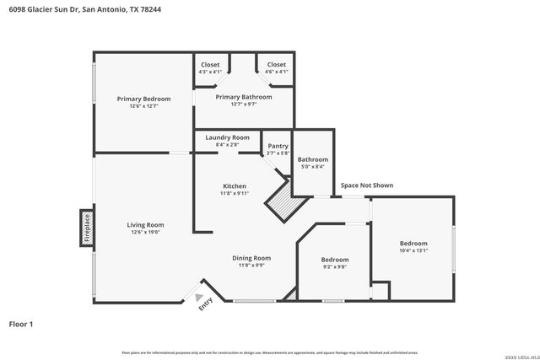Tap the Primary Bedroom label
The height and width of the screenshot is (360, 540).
[x=143, y=99]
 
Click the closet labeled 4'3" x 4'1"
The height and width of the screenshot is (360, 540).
[x=210, y=68]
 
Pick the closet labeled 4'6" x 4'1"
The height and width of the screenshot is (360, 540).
[x=277, y=68]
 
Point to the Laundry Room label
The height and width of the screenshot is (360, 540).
[x=227, y=137]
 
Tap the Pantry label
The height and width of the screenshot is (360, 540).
[x=278, y=146]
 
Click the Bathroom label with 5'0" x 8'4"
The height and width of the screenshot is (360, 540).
[x=312, y=159]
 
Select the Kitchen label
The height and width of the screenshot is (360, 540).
[x=235, y=185]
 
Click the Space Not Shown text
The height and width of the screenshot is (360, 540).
[x=366, y=185]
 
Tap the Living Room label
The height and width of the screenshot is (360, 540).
[x=145, y=225]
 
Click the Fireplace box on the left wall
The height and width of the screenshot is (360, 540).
[x=87, y=228]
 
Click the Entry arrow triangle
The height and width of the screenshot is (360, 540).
[x=199, y=297]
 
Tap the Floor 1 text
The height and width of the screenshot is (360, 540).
[x=21, y=324]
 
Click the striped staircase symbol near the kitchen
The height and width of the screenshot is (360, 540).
[x=282, y=202]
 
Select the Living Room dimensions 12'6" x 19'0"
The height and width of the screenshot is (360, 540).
[x=145, y=233]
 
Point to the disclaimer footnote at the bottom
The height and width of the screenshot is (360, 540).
[x=269, y=352]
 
